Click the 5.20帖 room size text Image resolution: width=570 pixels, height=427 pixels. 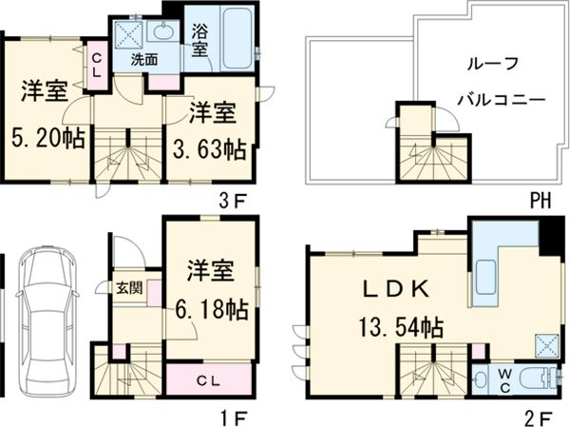[47, 138]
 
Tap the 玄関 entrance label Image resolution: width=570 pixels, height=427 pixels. [129, 287]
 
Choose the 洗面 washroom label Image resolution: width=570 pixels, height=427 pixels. [144, 59]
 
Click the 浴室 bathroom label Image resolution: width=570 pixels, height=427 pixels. [200, 39]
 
